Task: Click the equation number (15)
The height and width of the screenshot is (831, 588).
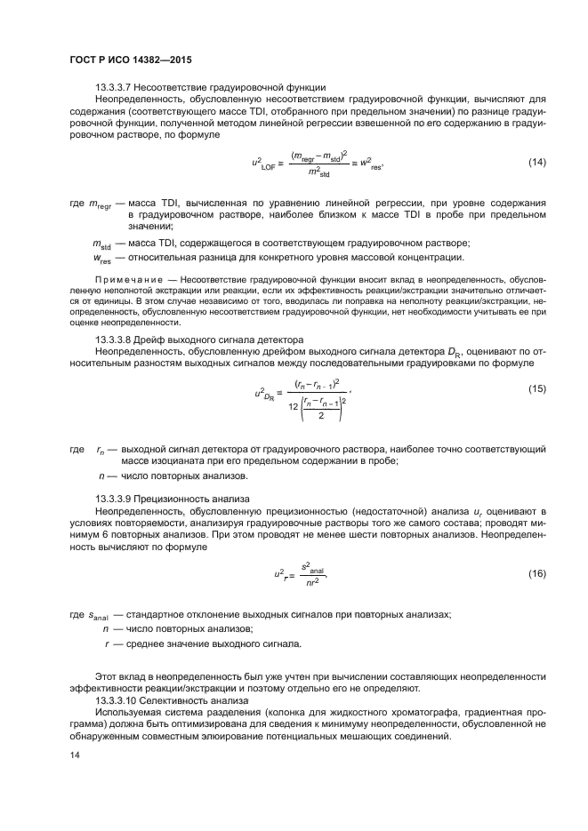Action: [536, 389]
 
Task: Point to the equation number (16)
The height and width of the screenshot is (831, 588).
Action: [536, 573]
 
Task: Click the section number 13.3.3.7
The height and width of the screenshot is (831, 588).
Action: [116, 86]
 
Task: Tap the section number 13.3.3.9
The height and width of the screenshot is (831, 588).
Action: [116, 499]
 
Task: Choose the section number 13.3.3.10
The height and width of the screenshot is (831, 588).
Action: [118, 701]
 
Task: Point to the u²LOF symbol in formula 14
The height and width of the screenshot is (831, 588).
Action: [265, 163]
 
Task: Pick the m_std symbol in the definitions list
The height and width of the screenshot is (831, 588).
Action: [102, 244]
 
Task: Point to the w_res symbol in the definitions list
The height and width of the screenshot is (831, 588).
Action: [102, 259]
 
